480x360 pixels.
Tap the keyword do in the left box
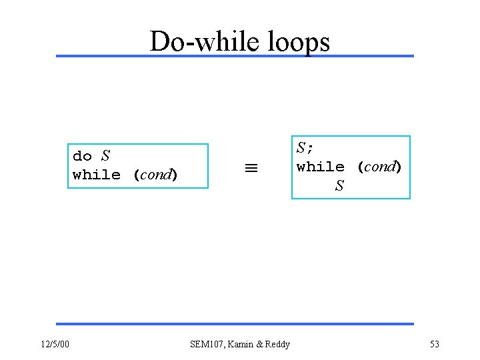pos(82,157)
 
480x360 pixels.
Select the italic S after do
pos(105,156)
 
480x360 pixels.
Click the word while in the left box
pos(97,175)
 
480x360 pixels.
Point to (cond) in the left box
pos(155,175)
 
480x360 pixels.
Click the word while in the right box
pos(321,167)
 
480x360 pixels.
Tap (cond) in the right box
pos(379,167)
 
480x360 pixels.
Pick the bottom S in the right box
pos(339,186)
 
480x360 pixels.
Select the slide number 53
pos(435,344)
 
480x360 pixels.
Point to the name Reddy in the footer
pos(278,344)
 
